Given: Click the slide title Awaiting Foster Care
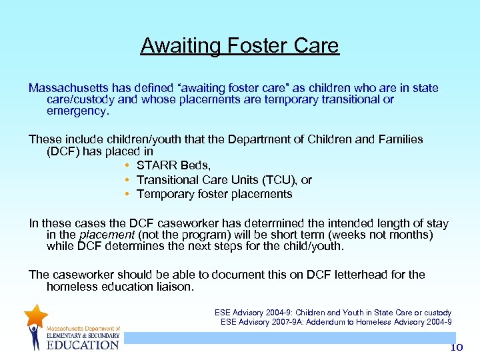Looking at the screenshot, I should click(x=239, y=45).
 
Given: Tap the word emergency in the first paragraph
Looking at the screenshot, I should click(x=76, y=111).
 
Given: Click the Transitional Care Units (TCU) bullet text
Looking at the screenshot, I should click(x=223, y=180).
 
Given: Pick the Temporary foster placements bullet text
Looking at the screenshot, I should click(x=214, y=194).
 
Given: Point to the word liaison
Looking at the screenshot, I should click(x=174, y=286).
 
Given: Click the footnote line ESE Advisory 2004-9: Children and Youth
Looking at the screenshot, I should click(x=333, y=312).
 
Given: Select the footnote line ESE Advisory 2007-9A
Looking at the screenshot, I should click(x=335, y=322).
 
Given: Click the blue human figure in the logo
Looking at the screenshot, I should click(x=34, y=337).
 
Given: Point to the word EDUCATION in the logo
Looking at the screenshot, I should click(x=82, y=345).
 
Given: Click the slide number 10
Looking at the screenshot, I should click(x=456, y=347).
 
